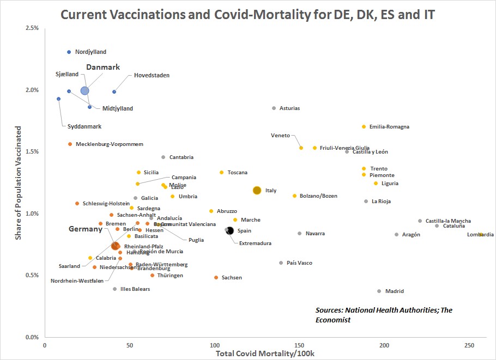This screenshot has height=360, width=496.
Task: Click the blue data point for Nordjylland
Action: [69, 52]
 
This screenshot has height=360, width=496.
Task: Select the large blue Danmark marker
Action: [84, 91]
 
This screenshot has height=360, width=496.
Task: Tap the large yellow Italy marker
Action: [257, 190]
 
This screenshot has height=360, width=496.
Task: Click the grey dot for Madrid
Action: [379, 291]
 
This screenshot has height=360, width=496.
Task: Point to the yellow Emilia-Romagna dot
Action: [364, 127]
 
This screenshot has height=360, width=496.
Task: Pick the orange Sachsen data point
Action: [216, 278]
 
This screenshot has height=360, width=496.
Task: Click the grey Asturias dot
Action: [274, 108]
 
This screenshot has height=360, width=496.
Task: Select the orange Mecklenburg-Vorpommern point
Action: [70, 144]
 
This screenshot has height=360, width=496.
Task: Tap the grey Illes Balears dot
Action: [114, 289]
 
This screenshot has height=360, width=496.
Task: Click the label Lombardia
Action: [480, 235]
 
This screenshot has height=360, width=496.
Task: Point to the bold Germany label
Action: [85, 229]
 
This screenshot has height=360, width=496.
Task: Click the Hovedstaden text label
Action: [152, 75]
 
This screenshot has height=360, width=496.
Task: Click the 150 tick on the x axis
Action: [299, 345]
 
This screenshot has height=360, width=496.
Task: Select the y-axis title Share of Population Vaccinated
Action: [19, 183]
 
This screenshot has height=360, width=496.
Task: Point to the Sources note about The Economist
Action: [384, 315]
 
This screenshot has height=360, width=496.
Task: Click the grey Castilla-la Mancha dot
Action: [420, 221]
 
